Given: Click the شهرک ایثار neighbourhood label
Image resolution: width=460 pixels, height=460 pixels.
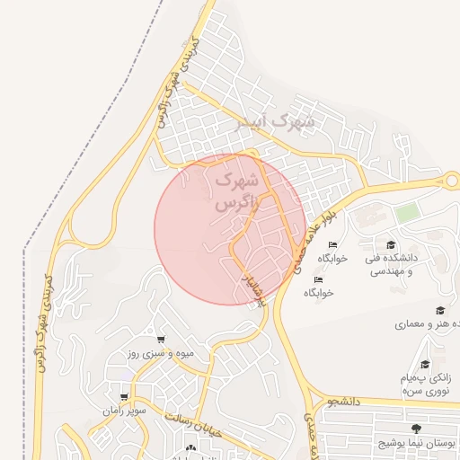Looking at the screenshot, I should point(274,120).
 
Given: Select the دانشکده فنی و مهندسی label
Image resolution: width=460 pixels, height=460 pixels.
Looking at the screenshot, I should point(389,264).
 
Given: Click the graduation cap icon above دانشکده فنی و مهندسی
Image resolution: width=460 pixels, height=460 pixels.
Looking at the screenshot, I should point(390,245).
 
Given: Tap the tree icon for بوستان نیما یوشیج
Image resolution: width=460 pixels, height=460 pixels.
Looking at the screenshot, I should point(415,429).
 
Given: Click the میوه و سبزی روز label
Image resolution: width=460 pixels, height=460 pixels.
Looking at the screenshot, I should point(160,354).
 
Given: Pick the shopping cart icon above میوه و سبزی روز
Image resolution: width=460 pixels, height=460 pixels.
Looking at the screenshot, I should point(160,340).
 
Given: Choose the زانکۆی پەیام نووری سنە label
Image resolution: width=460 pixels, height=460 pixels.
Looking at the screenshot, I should point(426,384).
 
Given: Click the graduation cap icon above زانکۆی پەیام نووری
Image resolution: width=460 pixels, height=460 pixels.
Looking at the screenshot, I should point(425,365).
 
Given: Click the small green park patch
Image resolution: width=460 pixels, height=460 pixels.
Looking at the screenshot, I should point(408,214).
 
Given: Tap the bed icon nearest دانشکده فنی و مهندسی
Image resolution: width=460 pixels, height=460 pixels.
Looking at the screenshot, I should point(333,245).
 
